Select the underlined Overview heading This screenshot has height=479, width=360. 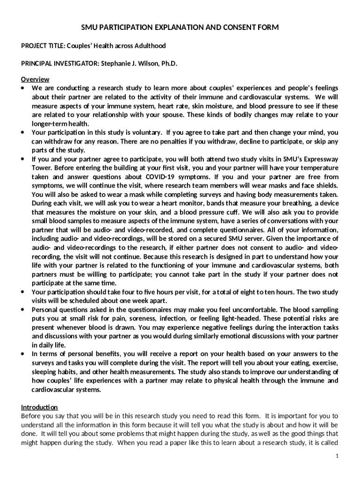pyautogui.click(x=36, y=80)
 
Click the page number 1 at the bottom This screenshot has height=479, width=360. pyautogui.click(x=336, y=456)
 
